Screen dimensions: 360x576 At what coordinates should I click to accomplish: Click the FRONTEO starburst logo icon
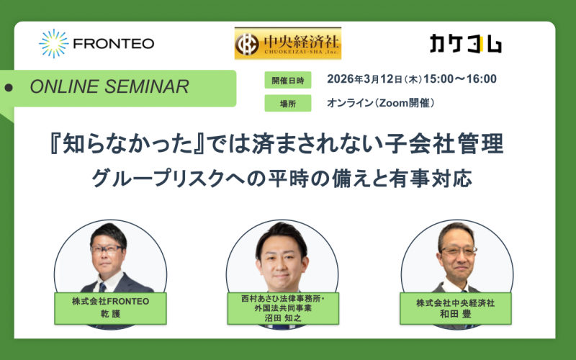coord(54,43)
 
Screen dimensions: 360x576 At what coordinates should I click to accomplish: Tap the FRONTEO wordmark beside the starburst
coord(114,43)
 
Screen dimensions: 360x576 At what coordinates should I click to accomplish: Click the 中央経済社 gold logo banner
coord(288,43)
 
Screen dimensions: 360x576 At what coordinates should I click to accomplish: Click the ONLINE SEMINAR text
coord(110,87)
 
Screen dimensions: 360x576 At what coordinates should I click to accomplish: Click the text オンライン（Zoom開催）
coord(381,103)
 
